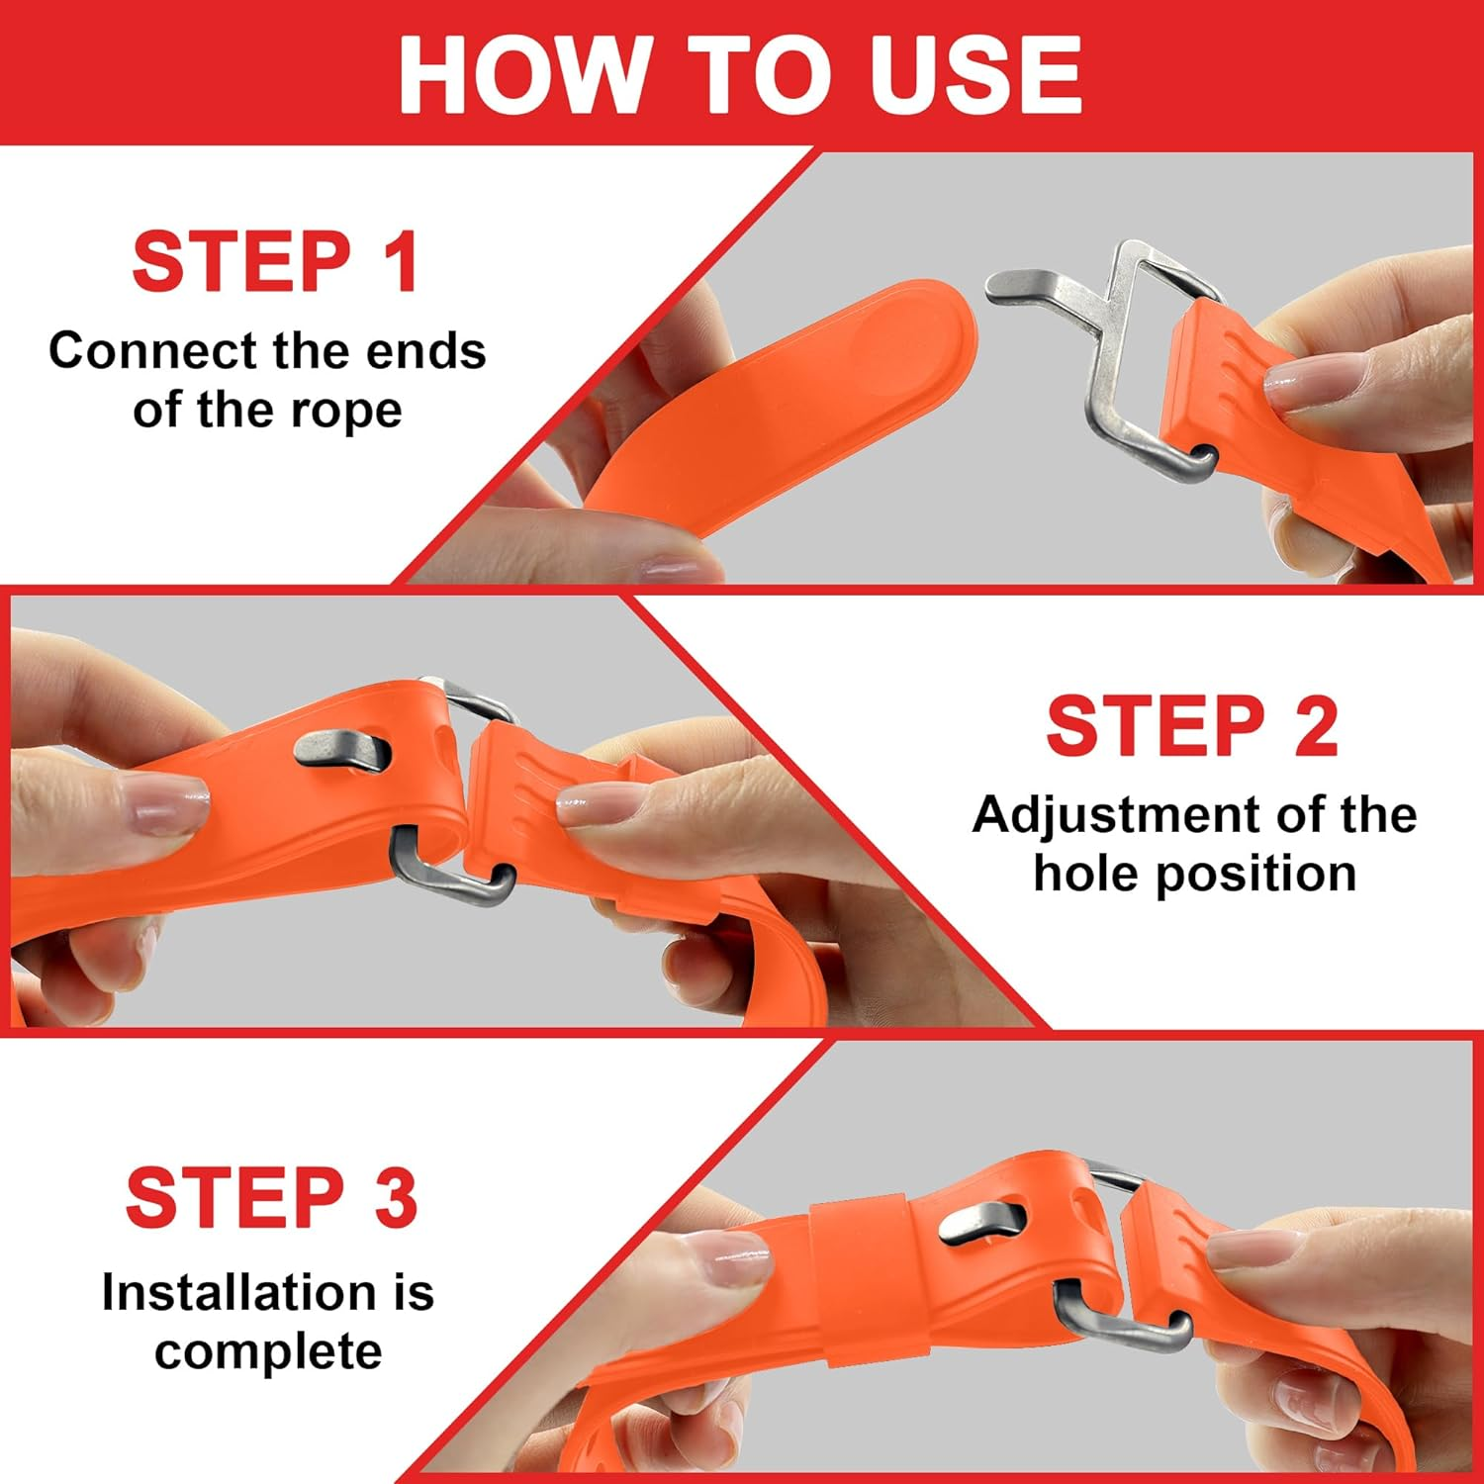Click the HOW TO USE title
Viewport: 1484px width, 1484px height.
740,74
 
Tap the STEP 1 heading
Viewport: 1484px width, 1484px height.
276,262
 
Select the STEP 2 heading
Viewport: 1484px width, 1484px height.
1192,726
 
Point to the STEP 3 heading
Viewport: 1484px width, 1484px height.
272,1198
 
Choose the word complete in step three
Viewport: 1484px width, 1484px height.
268,1351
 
